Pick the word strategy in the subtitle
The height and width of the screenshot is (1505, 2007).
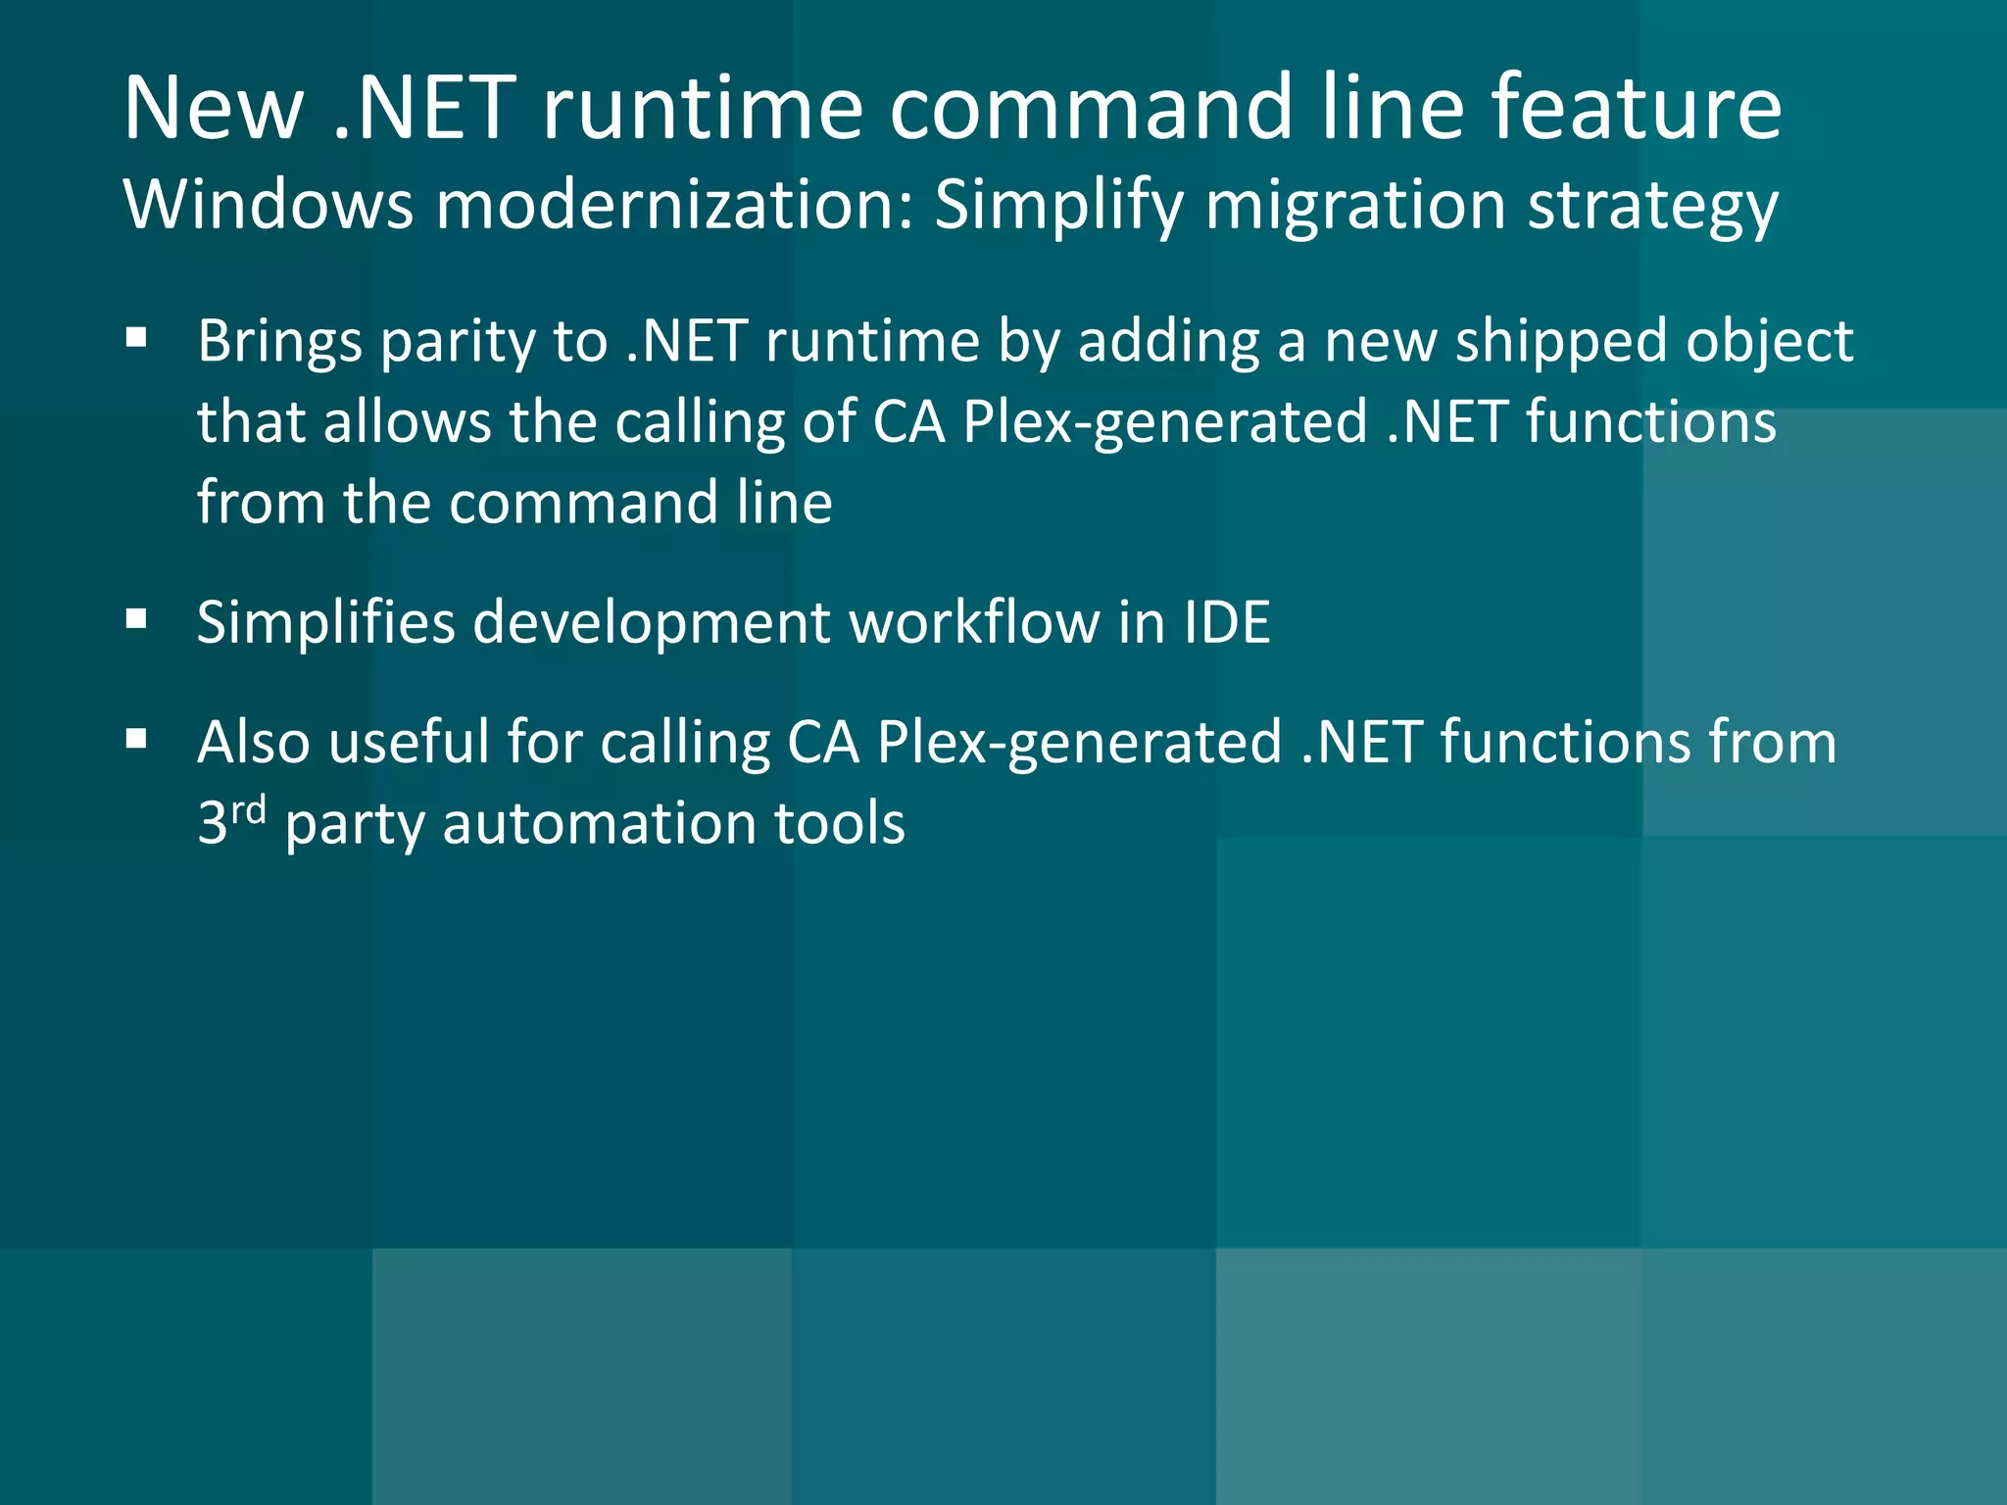click(1652, 209)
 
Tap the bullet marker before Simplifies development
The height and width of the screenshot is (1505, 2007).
click(136, 620)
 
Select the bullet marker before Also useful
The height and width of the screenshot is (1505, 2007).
click(136, 740)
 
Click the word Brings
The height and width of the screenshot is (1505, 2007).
click(279, 343)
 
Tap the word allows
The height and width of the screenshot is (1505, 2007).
click(407, 422)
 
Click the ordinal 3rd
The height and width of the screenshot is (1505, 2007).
click(231, 820)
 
